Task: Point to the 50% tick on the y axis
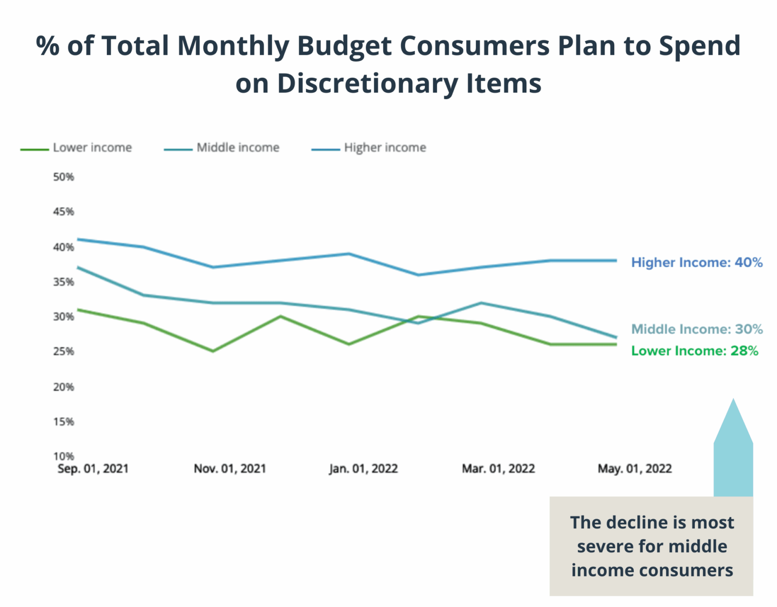click(x=64, y=177)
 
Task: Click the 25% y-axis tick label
click(x=64, y=352)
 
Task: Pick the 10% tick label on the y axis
click(x=64, y=456)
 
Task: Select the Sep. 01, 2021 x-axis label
click(x=93, y=469)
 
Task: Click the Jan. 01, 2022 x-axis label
click(x=363, y=469)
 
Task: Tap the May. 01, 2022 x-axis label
click(x=634, y=469)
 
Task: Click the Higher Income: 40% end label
click(x=696, y=263)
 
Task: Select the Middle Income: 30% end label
click(x=696, y=329)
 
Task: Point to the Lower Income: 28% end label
click(x=694, y=351)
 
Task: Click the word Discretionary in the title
click(x=367, y=84)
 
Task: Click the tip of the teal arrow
click(x=733, y=400)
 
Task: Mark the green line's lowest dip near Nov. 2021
click(x=213, y=351)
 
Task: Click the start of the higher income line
click(x=78, y=239)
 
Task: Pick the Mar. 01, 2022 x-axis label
click(x=498, y=469)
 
